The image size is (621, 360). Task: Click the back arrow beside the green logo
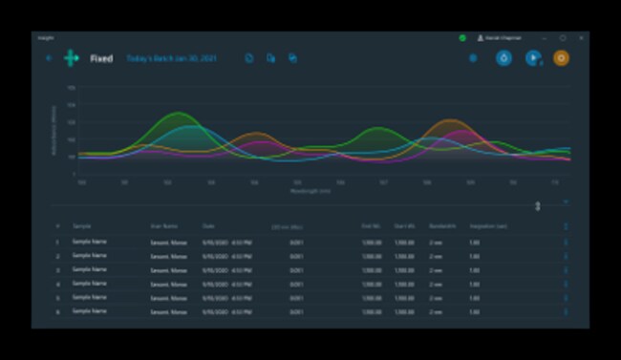(x=49, y=58)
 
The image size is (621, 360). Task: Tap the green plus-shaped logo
(x=72, y=58)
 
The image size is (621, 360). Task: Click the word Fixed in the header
(x=101, y=58)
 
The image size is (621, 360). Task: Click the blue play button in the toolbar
(x=533, y=58)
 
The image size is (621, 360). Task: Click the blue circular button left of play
(x=503, y=58)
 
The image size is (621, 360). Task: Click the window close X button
(x=581, y=38)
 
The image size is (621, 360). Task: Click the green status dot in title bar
(x=462, y=38)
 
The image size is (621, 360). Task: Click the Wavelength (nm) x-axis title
(x=311, y=190)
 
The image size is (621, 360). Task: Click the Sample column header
(x=82, y=226)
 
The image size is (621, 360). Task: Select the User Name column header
(x=164, y=226)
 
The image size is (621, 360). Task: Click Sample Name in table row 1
(x=89, y=242)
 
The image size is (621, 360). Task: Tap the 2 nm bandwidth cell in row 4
(x=436, y=285)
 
